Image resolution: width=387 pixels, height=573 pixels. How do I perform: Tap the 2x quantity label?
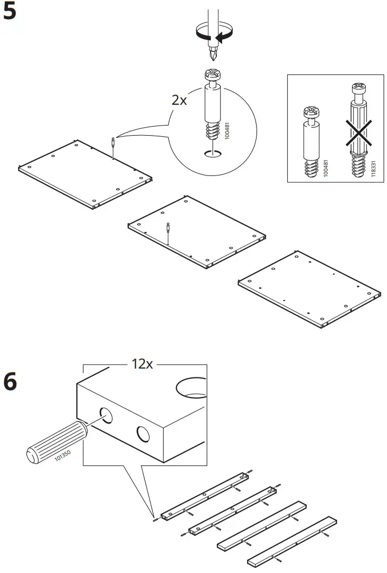click(179, 100)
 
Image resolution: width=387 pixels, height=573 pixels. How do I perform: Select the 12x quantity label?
click(142, 365)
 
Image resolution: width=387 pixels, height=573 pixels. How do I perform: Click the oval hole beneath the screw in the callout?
click(213, 154)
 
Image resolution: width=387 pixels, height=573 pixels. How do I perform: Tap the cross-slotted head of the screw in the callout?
click(212, 74)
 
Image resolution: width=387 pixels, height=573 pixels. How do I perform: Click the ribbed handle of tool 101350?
click(54, 443)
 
